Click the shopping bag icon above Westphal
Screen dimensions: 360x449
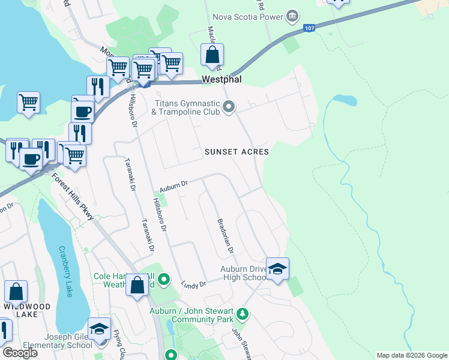click(212, 55)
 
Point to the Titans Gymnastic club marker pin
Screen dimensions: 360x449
click(229, 107)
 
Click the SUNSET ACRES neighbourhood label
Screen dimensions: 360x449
click(237, 152)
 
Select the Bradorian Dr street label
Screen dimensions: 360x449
click(225, 235)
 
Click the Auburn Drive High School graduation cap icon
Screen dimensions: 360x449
click(277, 269)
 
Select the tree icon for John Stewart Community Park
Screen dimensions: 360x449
click(243, 313)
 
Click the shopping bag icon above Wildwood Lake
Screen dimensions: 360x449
click(16, 292)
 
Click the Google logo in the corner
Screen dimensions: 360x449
click(20, 353)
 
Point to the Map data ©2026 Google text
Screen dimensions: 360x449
click(411, 355)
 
